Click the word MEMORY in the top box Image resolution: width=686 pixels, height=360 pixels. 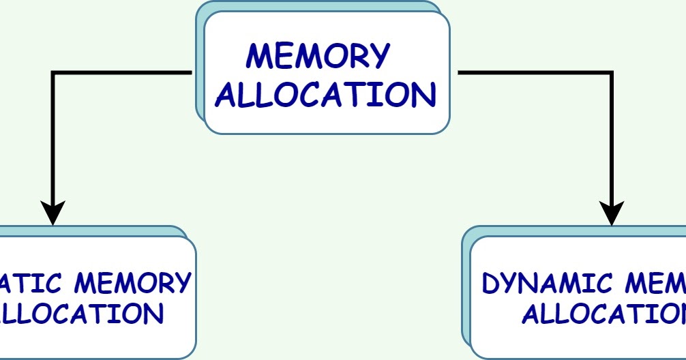[318, 56]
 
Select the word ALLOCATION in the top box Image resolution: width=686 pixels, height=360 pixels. [326, 95]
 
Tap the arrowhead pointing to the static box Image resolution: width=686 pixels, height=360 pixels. [53, 212]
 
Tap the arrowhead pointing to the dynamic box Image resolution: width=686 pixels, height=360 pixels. [612, 212]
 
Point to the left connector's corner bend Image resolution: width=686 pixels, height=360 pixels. [53, 72]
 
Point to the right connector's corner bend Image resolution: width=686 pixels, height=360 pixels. [611, 72]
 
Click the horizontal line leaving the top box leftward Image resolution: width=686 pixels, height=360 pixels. [123, 72]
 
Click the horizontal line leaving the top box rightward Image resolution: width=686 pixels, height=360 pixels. [532, 72]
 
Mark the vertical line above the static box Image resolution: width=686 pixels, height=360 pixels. [53, 136]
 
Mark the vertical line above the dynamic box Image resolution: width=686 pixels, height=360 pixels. [612, 136]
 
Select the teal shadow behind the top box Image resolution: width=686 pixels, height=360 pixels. [200, 68]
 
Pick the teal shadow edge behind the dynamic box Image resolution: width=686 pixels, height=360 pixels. [466, 286]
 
